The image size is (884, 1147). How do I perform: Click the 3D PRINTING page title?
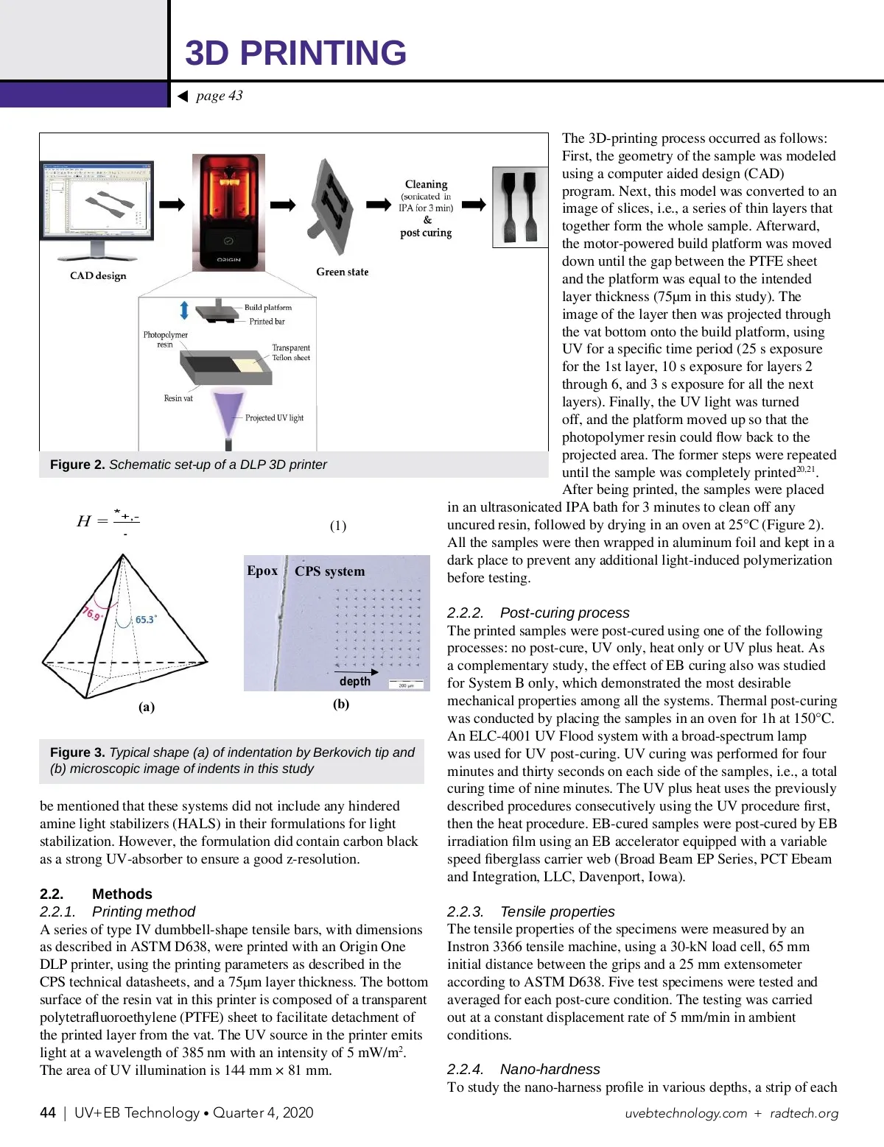[295, 53]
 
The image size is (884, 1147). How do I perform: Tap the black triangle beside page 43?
[183, 96]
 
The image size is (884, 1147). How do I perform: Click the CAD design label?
[98, 276]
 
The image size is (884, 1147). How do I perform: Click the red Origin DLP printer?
[228, 212]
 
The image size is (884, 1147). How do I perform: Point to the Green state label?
[342, 272]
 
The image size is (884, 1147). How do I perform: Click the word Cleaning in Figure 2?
[426, 184]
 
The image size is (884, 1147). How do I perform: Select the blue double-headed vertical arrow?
[184, 310]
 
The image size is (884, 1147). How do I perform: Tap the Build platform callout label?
[268, 307]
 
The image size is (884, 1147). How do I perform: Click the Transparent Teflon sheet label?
[291, 353]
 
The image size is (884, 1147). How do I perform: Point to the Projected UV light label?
[274, 418]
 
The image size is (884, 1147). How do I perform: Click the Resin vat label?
[178, 398]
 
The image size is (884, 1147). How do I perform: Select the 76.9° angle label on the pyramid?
[91, 613]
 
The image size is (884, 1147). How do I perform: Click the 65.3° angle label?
[146, 620]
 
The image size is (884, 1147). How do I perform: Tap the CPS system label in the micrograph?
[329, 571]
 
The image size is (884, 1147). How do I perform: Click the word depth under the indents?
[355, 682]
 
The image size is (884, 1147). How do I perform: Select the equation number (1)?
[338, 526]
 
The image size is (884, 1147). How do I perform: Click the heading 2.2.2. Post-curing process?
[538, 613]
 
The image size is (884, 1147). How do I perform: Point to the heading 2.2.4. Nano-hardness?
[523, 1069]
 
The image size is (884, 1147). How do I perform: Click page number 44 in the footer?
[48, 1112]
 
